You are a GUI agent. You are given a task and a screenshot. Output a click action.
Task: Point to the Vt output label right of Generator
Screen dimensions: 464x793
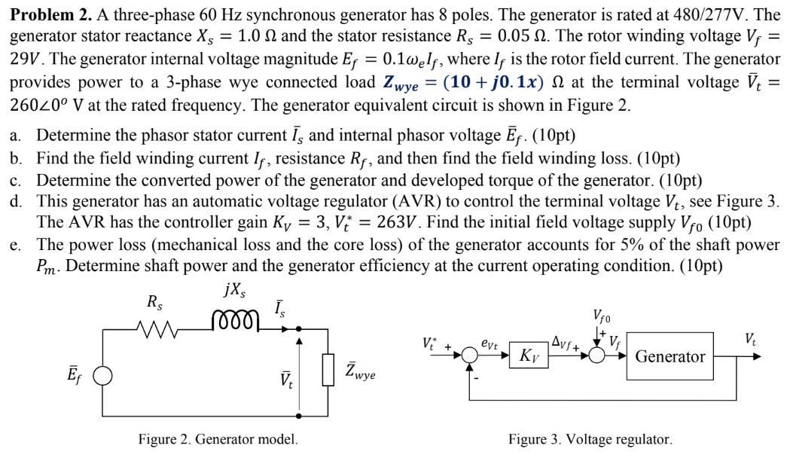(751, 339)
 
